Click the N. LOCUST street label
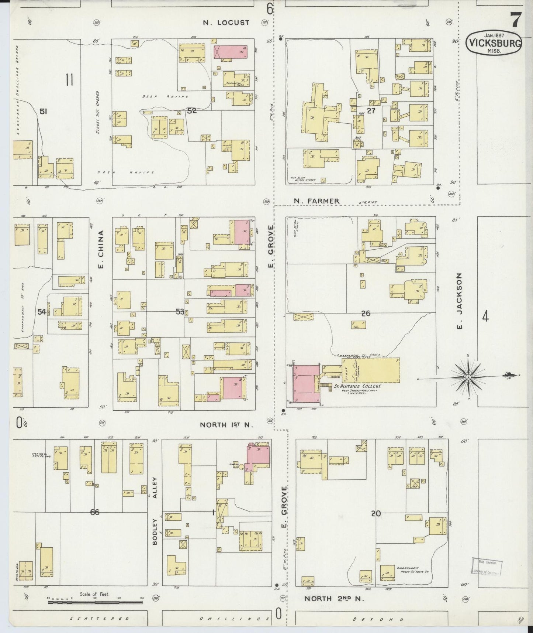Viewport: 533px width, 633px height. [226, 23]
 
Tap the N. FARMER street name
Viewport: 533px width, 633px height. [316, 201]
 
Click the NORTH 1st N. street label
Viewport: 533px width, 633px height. [226, 425]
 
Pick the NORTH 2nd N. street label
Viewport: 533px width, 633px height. [334, 599]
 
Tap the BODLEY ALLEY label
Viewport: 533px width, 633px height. [155, 511]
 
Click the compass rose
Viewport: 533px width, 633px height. [468, 377]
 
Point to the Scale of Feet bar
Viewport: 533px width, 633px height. [95, 602]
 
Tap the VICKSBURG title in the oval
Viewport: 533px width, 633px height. [494, 43]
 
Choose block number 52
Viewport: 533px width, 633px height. [192, 110]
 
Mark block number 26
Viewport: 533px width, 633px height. [366, 314]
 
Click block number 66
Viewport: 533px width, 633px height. [95, 512]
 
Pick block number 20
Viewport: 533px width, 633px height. [376, 513]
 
